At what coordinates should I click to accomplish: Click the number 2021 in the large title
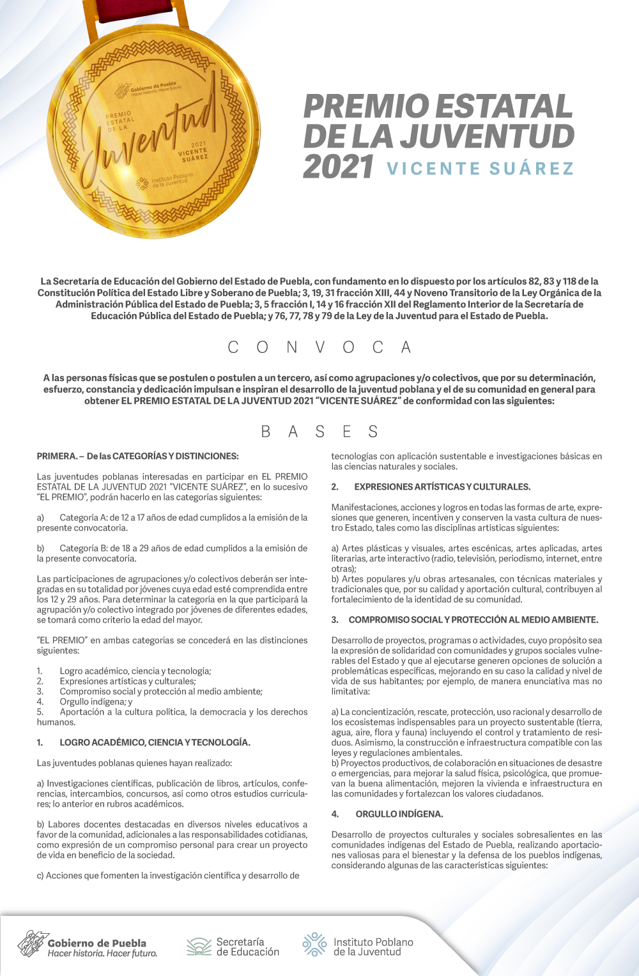338,167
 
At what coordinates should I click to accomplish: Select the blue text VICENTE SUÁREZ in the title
480,169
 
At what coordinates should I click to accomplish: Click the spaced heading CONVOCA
319,348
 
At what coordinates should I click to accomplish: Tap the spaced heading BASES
319,432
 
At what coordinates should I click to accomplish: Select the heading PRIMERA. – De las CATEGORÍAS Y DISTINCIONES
137,456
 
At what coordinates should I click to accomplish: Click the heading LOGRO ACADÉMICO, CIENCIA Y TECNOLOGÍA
155,743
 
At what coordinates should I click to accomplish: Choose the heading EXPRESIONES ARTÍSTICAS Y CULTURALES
442,487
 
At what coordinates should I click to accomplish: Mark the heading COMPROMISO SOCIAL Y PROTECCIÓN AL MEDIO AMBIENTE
473,620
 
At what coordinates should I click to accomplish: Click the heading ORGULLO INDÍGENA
399,814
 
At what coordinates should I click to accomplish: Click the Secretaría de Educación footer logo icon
199,947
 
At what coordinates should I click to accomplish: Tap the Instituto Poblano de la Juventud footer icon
314,945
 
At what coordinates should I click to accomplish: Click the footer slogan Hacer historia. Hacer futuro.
102,954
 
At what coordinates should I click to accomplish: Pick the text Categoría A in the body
83,518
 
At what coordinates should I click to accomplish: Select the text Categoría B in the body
83,548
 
